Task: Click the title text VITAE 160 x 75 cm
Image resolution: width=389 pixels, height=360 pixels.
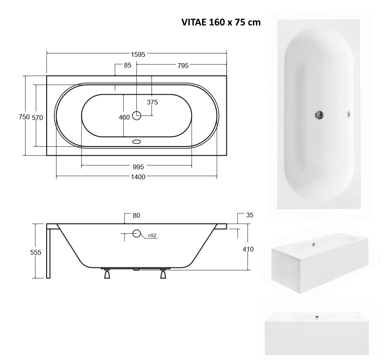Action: [221, 22]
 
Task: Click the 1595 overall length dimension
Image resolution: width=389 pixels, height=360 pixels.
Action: [137, 54]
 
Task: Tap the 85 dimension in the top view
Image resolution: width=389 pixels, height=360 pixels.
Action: [127, 66]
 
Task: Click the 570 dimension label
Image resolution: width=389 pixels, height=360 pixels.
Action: [37, 117]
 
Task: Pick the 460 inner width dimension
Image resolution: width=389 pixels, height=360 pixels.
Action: [124, 117]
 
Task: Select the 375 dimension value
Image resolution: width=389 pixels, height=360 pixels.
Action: [152, 102]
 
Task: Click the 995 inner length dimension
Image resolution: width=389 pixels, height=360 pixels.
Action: [137, 166]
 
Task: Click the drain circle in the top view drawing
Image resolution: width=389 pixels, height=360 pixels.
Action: [137, 116]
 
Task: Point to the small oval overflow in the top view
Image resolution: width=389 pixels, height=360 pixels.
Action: [137, 141]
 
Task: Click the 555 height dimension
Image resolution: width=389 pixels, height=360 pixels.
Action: [35, 252]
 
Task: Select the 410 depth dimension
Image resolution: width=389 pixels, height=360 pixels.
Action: [248, 249]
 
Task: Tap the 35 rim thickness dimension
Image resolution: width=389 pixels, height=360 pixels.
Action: [249, 215]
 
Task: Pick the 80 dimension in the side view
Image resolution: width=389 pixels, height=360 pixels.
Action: [136, 215]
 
